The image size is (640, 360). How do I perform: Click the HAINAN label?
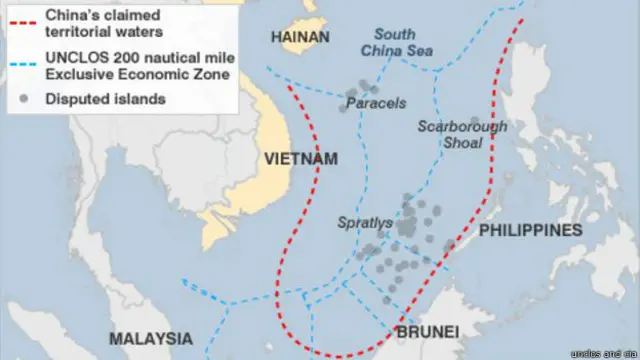click(x=300, y=37)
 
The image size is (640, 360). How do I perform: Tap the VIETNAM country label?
click(x=301, y=159)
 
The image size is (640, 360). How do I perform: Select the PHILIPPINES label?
click(x=530, y=230)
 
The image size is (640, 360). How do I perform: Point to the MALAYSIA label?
click(x=151, y=337)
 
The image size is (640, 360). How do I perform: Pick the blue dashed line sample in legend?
click(x=20, y=62)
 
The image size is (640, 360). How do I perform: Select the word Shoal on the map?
click(x=462, y=143)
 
